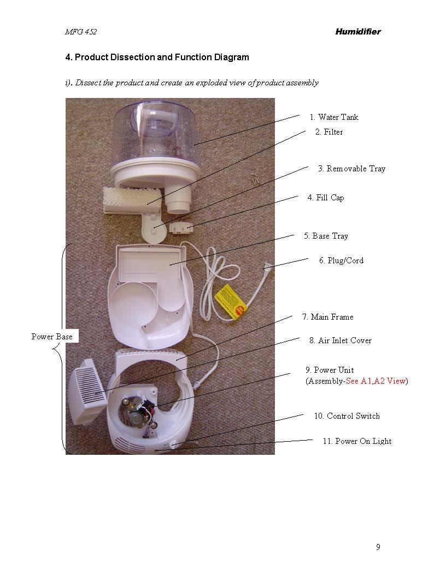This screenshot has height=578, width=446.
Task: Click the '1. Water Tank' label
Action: [x=334, y=117]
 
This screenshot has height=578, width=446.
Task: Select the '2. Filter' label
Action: [x=329, y=132]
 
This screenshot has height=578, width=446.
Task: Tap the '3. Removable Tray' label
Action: [x=351, y=169]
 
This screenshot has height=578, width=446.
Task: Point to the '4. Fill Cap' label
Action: [x=326, y=198]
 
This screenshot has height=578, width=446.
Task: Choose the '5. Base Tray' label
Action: [x=326, y=236]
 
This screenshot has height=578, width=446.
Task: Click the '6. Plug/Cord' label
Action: [x=341, y=261]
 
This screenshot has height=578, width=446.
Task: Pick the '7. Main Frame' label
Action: [x=327, y=317]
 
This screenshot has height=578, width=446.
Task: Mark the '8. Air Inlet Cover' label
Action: [x=341, y=340]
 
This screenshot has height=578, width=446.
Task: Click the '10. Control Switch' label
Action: [x=347, y=416]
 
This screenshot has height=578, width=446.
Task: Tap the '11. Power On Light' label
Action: [x=357, y=441]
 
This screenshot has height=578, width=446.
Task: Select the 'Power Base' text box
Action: [x=52, y=337]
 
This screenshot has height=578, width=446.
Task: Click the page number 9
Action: [x=378, y=547]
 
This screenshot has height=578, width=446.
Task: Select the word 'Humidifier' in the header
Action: [x=357, y=32]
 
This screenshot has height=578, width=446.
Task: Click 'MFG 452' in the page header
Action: [x=80, y=32]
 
